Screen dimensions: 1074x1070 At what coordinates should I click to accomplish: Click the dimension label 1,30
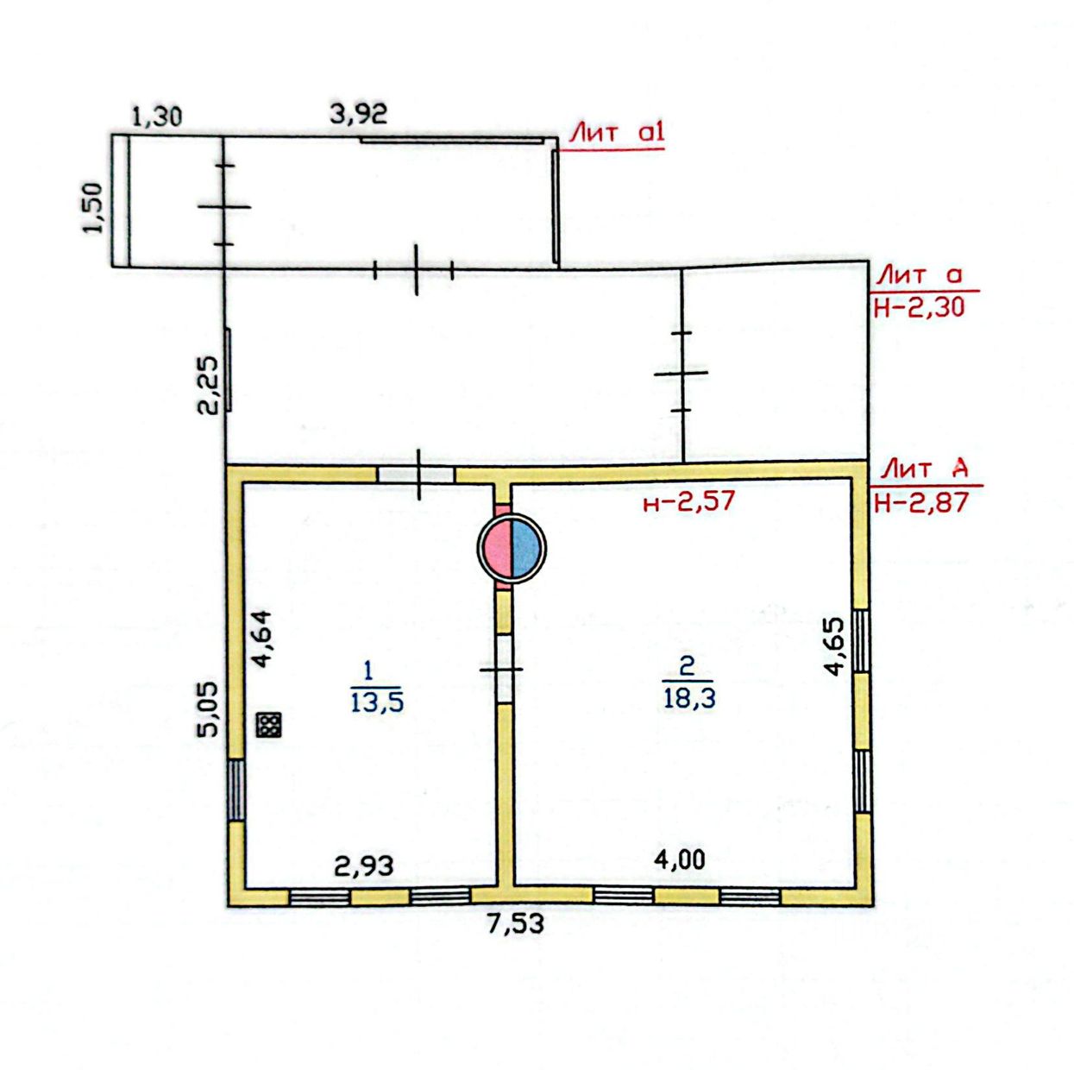(157, 117)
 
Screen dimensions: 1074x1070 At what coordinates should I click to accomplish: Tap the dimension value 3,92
(358, 114)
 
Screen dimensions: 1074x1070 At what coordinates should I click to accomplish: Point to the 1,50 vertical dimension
(94, 208)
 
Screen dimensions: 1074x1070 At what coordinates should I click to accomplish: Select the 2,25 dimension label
(207, 385)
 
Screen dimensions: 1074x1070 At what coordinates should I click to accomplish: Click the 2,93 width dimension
(364, 866)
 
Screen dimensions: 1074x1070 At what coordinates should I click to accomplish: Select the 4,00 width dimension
(680, 859)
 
